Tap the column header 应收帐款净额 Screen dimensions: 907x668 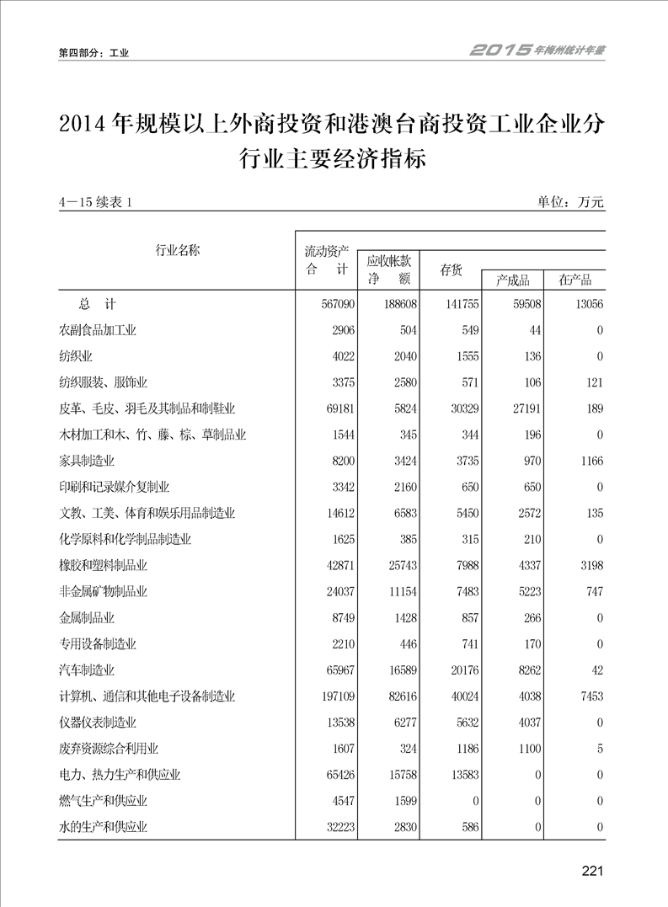point(388,269)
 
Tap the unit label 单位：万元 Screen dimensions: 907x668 point(570,202)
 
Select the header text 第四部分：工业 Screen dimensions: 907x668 point(94,53)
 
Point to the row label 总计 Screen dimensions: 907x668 point(98,304)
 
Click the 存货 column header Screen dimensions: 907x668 point(451,269)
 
